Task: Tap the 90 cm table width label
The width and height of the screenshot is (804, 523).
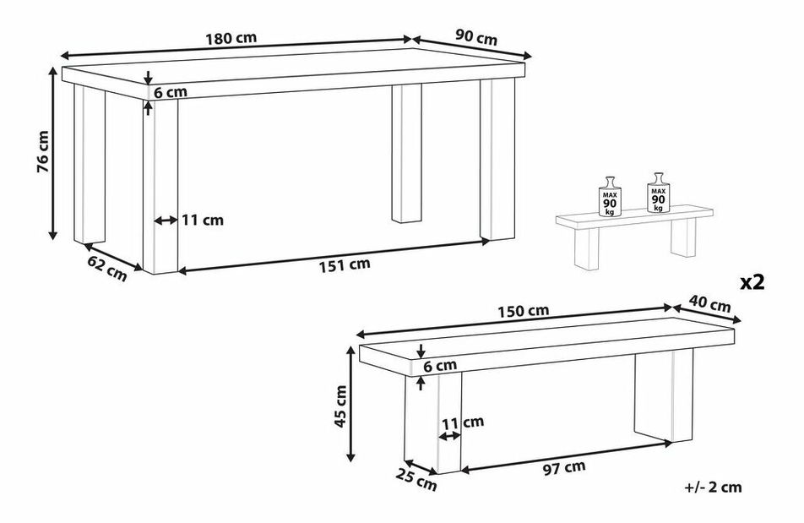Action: [475, 37]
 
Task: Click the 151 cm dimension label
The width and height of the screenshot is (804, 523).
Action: [344, 264]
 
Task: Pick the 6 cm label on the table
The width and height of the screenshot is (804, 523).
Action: [171, 92]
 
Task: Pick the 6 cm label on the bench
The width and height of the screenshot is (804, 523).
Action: [439, 366]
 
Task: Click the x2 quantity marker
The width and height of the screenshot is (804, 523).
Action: [752, 282]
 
